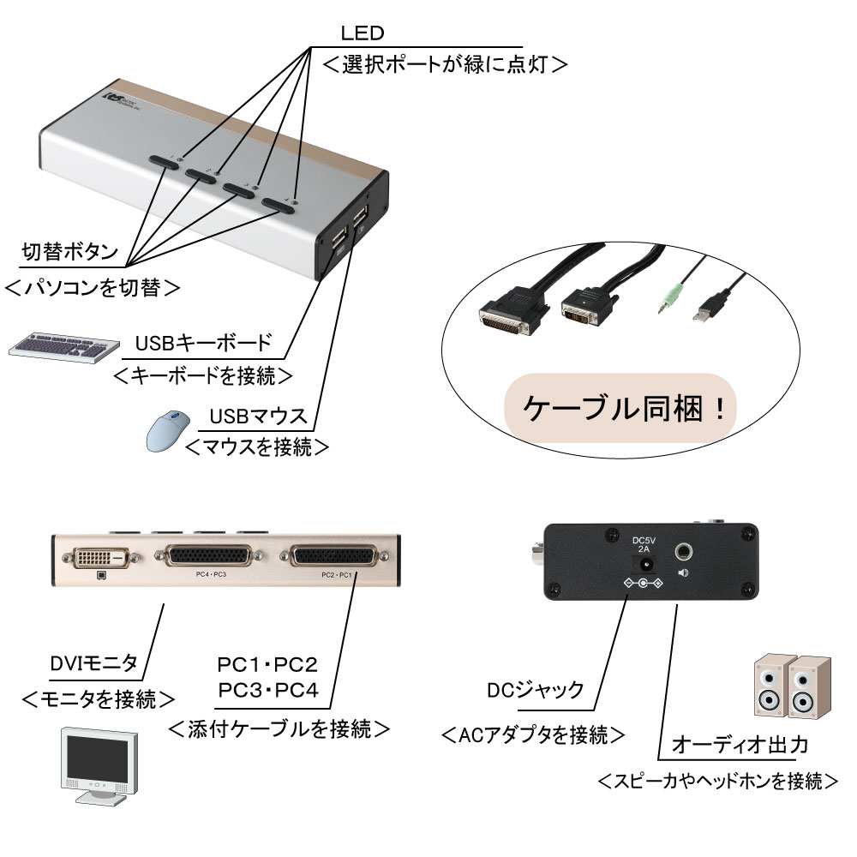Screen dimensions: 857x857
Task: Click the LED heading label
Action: (x=362, y=34)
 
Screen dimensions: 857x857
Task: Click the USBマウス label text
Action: (x=258, y=417)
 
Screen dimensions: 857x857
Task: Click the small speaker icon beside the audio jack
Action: (x=683, y=573)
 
